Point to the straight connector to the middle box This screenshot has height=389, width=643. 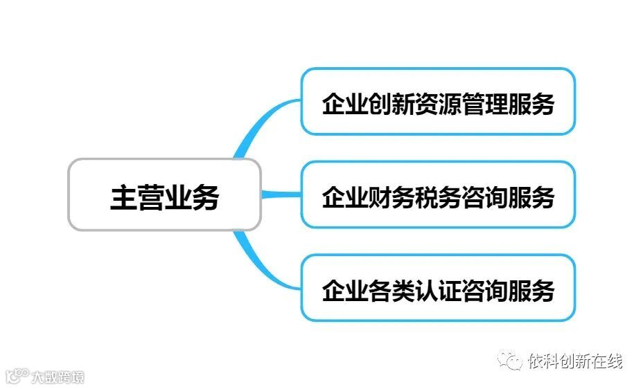click(281, 194)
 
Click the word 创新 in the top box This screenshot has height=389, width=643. click(391, 104)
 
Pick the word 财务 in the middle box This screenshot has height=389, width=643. click(391, 197)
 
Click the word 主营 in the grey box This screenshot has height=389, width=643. click(137, 197)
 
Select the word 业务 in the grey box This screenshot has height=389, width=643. click(192, 197)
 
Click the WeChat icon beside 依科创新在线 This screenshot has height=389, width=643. click(511, 361)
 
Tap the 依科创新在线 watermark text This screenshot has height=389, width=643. click(574, 361)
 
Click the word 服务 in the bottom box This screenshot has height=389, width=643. click(531, 291)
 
